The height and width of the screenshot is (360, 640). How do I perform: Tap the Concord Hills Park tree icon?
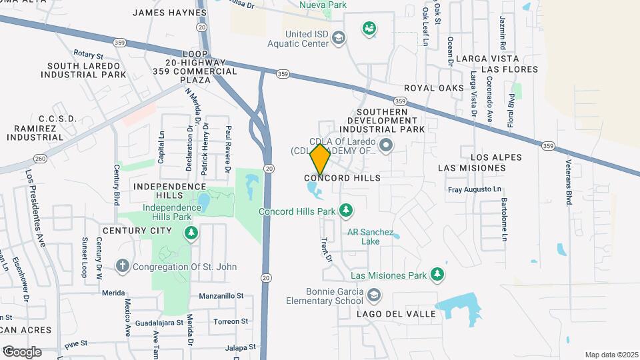click(x=345, y=211)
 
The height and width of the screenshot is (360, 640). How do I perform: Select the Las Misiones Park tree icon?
click(x=437, y=274)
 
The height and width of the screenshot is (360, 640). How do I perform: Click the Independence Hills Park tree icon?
click(x=191, y=233)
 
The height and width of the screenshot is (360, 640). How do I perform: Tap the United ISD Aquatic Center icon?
click(x=339, y=38)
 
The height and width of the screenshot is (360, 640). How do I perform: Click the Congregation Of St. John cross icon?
click(x=122, y=267)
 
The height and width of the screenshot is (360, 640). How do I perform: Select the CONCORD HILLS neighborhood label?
click(x=342, y=178)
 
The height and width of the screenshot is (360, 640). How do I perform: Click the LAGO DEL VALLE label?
click(x=395, y=314)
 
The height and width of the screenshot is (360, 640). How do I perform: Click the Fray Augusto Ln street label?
click(x=474, y=190)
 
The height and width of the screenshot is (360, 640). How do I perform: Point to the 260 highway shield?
click(x=39, y=157)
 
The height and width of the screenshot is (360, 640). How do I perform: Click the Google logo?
click(x=21, y=351)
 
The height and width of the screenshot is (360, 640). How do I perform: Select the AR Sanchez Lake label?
click(x=363, y=237)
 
